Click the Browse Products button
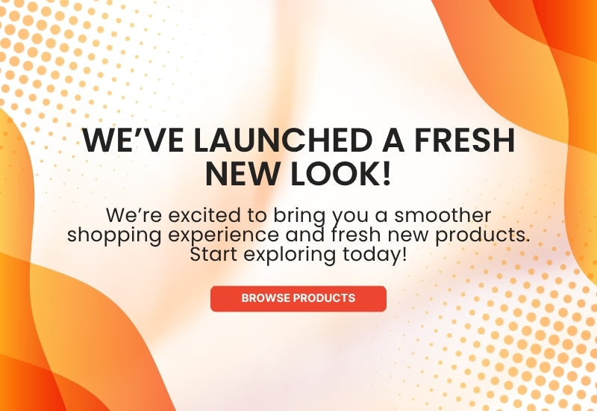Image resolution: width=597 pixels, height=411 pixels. point(298,298)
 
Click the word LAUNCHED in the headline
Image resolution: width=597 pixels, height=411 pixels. point(283,140)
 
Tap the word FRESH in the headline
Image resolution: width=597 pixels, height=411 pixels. point(464,140)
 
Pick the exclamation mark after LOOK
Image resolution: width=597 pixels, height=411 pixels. point(387,174)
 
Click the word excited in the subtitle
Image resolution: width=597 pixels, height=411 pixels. point(204,215)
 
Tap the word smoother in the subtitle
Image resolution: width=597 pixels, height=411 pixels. point(443,215)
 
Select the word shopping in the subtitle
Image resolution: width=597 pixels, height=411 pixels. point(114,235)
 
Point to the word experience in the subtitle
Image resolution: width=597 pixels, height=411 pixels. point(223,235)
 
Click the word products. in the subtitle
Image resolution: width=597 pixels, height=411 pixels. point(483,235)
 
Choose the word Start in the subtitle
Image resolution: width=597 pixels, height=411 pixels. point(213,254)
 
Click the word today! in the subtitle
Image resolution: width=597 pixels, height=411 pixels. point(375,255)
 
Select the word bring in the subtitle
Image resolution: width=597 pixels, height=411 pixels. point(299,216)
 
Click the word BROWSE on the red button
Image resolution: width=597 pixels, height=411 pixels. point(266,297)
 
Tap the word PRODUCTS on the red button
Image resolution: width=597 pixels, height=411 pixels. point(325,297)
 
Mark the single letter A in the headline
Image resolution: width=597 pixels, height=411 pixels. point(393,140)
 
